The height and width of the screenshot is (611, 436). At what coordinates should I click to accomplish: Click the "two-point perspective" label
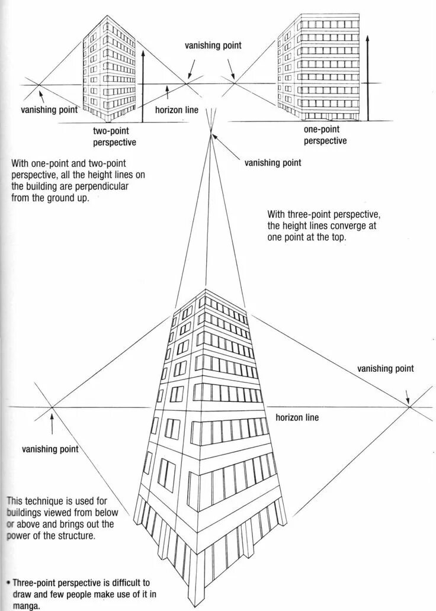point(114,136)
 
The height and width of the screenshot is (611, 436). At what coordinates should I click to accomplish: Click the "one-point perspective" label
point(325,135)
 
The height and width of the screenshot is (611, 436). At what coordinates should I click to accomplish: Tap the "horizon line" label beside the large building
point(297,417)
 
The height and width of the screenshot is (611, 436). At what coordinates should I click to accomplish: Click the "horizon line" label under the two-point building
point(177,110)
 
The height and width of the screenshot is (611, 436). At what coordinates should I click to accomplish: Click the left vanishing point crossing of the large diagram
point(52,407)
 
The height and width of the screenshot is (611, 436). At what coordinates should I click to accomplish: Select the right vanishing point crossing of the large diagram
point(410,406)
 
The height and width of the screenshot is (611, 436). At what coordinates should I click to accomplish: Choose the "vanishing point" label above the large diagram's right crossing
point(385,368)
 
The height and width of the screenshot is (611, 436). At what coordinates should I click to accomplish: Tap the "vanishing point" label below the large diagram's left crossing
point(50,449)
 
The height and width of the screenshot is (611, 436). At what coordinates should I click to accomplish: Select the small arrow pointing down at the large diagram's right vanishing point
point(407,395)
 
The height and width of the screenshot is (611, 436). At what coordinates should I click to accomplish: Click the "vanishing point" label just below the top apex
point(272,163)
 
